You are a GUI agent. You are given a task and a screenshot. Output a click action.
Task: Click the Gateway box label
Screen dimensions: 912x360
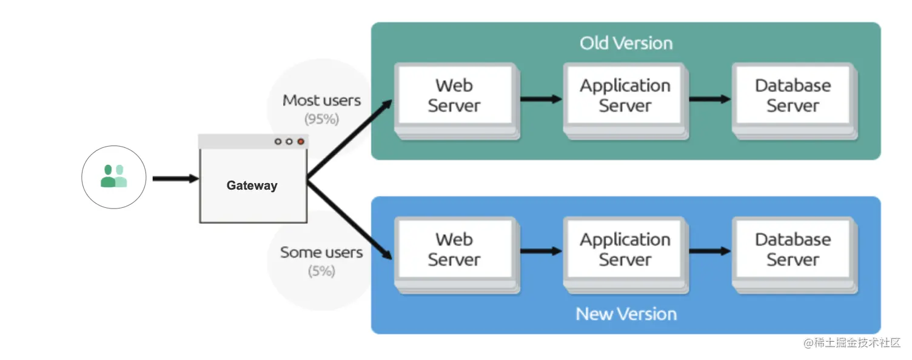[x=252, y=185]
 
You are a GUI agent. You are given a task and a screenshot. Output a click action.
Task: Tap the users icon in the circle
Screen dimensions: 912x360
[x=113, y=176]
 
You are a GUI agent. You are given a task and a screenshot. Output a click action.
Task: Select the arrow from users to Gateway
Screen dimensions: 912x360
[x=176, y=179]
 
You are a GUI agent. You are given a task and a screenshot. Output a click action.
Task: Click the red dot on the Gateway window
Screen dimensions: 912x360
[x=301, y=142]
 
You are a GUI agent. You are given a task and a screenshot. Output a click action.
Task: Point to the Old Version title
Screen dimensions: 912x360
[x=626, y=43]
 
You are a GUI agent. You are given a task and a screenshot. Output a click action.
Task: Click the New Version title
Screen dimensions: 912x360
[x=626, y=314]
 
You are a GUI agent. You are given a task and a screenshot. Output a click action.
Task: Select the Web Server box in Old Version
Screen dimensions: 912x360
[x=457, y=101]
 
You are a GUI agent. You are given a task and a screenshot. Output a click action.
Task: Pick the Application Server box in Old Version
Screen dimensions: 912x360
[x=626, y=101]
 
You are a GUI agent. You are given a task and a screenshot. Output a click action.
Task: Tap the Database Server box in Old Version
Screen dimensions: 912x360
[x=794, y=101]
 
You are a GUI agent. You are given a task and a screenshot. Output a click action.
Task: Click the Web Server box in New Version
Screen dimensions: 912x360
[x=457, y=255]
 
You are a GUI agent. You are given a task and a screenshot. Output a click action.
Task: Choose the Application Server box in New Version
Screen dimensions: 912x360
[x=626, y=255]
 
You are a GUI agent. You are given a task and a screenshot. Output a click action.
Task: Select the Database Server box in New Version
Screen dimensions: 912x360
[x=794, y=255]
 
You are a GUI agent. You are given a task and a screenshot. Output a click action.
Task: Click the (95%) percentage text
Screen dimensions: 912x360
[x=321, y=119]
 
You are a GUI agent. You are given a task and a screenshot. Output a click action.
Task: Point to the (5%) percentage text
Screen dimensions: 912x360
[x=321, y=271]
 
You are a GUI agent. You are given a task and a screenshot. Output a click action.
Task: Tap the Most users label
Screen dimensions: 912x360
[x=321, y=101]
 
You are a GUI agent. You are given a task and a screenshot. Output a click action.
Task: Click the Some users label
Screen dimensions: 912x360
[x=321, y=253]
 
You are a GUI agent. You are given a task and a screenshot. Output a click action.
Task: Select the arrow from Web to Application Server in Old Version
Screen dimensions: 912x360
[x=541, y=99]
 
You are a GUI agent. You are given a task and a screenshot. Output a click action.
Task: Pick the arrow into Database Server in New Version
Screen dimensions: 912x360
[x=710, y=251]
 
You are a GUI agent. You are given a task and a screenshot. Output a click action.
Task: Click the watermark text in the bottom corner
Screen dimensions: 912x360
[x=852, y=343]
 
